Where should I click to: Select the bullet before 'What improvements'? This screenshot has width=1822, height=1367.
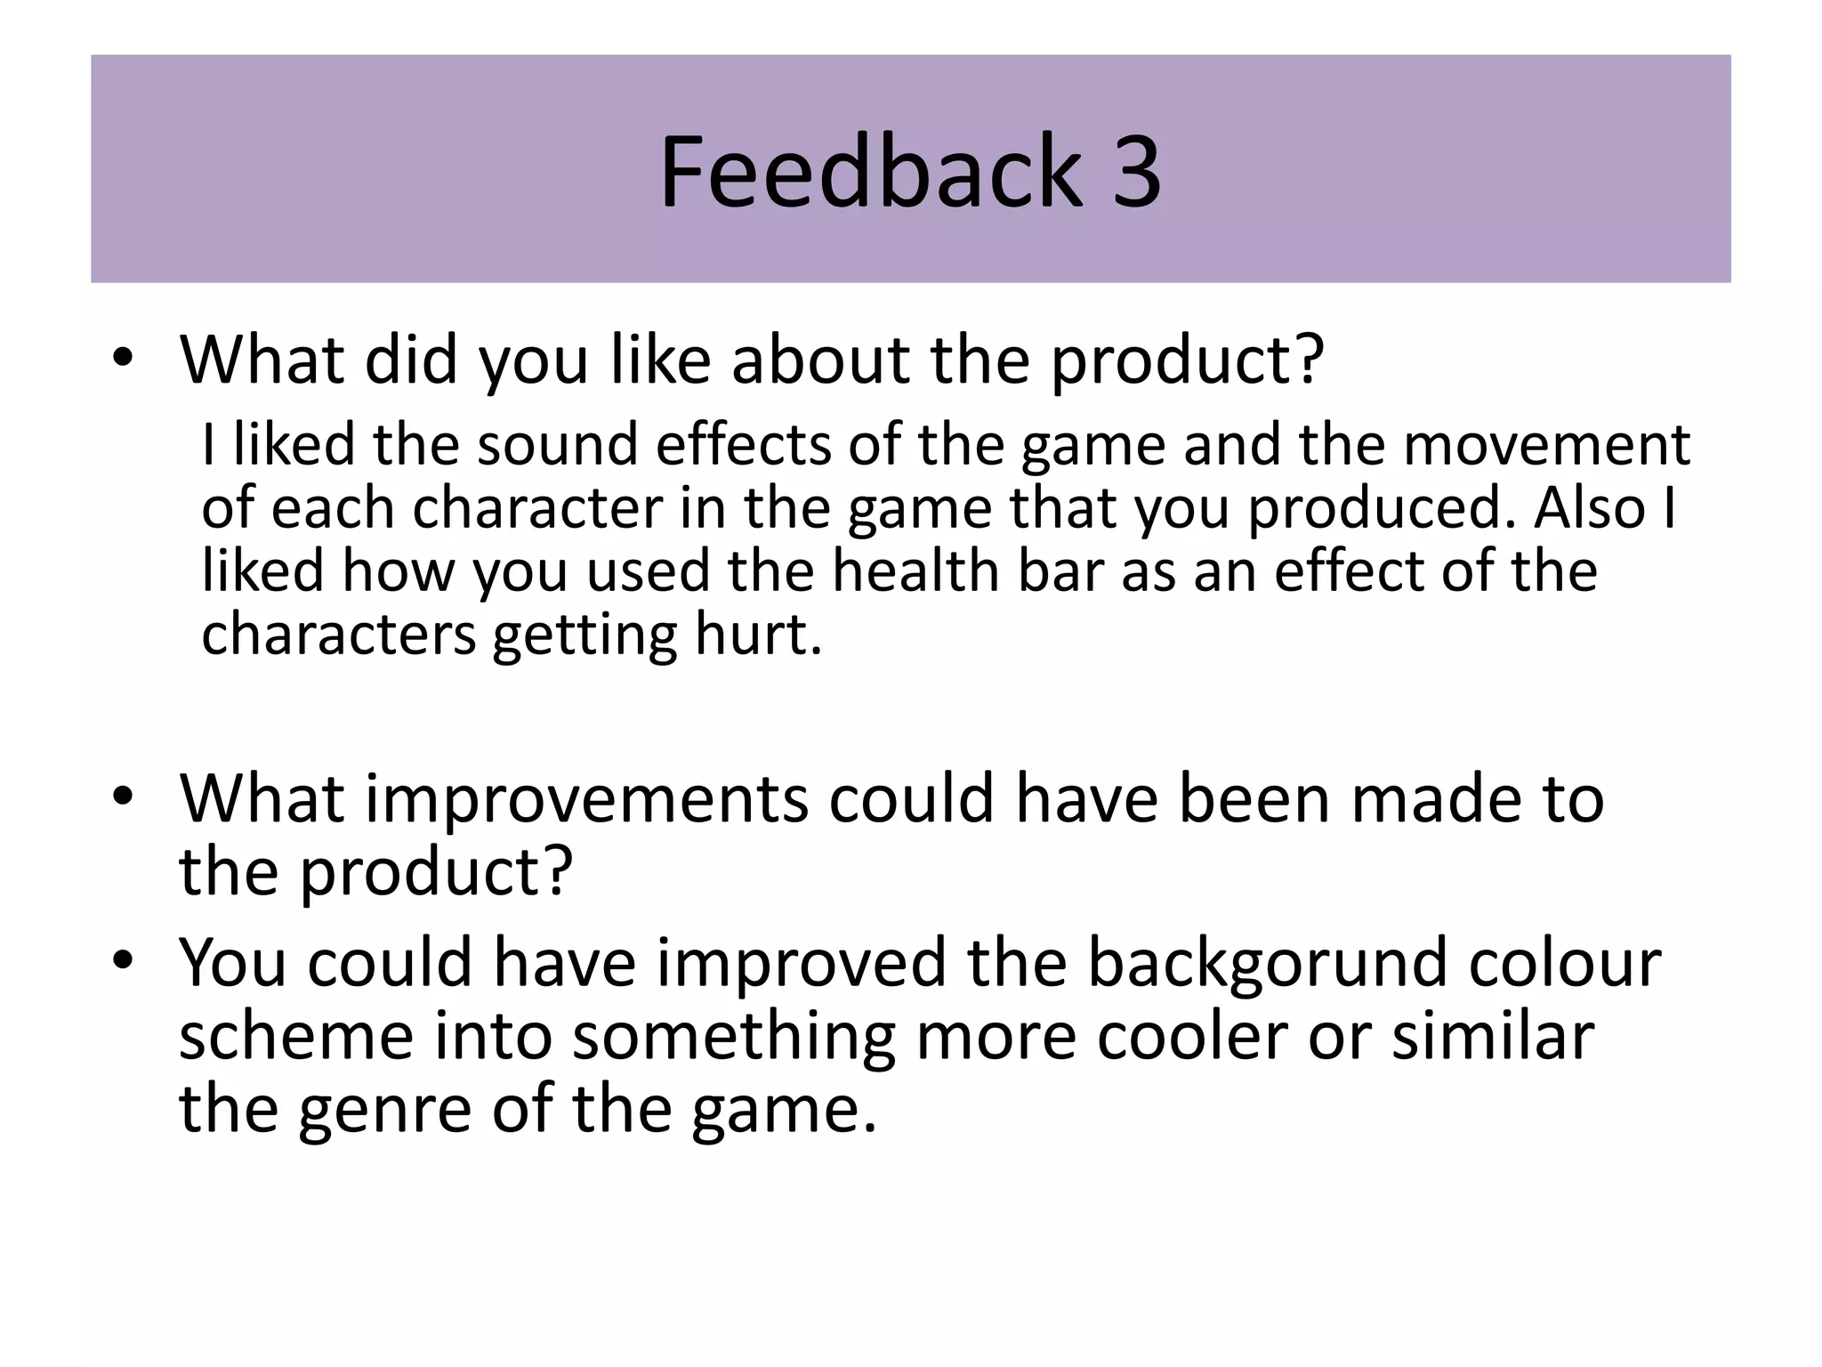click(123, 797)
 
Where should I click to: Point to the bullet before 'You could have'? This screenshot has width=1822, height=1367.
click(123, 961)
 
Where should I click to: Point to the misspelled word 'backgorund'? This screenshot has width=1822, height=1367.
click(1268, 962)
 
